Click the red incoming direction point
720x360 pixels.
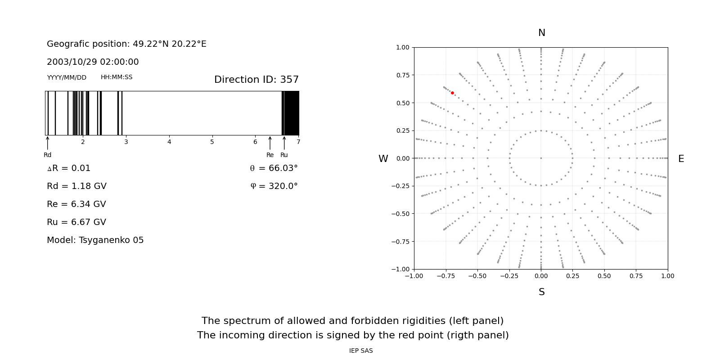click(x=452, y=93)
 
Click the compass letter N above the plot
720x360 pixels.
click(x=541, y=33)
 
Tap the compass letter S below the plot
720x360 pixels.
click(x=541, y=292)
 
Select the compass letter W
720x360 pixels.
click(x=383, y=159)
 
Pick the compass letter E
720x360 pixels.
click(x=681, y=159)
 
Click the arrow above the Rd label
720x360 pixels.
click(x=47, y=143)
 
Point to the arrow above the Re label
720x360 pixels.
click(x=270, y=143)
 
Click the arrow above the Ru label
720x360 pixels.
click(x=284, y=143)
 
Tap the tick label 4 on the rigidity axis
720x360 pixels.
click(x=169, y=142)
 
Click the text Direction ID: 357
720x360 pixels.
click(x=256, y=80)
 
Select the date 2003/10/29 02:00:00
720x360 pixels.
click(x=93, y=62)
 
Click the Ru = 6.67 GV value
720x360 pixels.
click(x=76, y=222)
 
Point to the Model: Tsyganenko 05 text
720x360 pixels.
click(x=95, y=240)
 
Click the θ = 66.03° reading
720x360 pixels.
click(x=274, y=168)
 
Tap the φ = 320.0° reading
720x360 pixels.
click(x=274, y=186)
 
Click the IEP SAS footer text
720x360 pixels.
click(x=361, y=351)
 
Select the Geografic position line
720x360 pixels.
click(x=126, y=44)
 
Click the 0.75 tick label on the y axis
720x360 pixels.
click(x=403, y=75)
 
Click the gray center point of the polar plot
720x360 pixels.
click(x=541, y=158)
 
